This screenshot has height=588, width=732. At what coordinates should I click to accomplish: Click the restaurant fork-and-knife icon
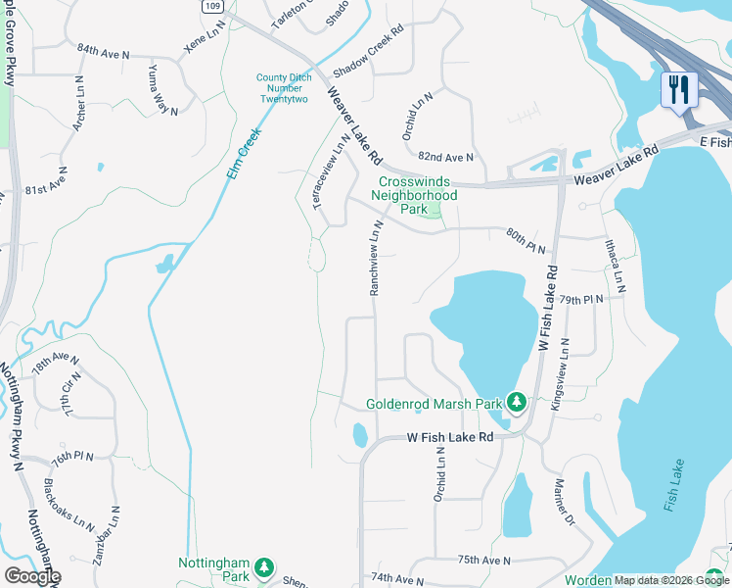pos(678,90)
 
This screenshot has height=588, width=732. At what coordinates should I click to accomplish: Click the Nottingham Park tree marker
pos(263,567)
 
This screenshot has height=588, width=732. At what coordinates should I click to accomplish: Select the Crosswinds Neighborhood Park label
pos(417,195)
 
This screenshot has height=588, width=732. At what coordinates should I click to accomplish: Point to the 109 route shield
pos(213,6)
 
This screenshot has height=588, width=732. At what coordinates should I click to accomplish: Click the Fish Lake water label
pos(672,486)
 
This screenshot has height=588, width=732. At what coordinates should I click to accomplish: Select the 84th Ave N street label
pos(103,48)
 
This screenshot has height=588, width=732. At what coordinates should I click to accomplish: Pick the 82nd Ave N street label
pos(445,157)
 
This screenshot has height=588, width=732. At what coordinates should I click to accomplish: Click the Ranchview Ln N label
pos(374,258)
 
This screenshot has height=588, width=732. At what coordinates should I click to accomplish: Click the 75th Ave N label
pos(484,560)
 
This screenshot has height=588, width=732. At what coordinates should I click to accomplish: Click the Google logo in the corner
pos(32,576)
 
